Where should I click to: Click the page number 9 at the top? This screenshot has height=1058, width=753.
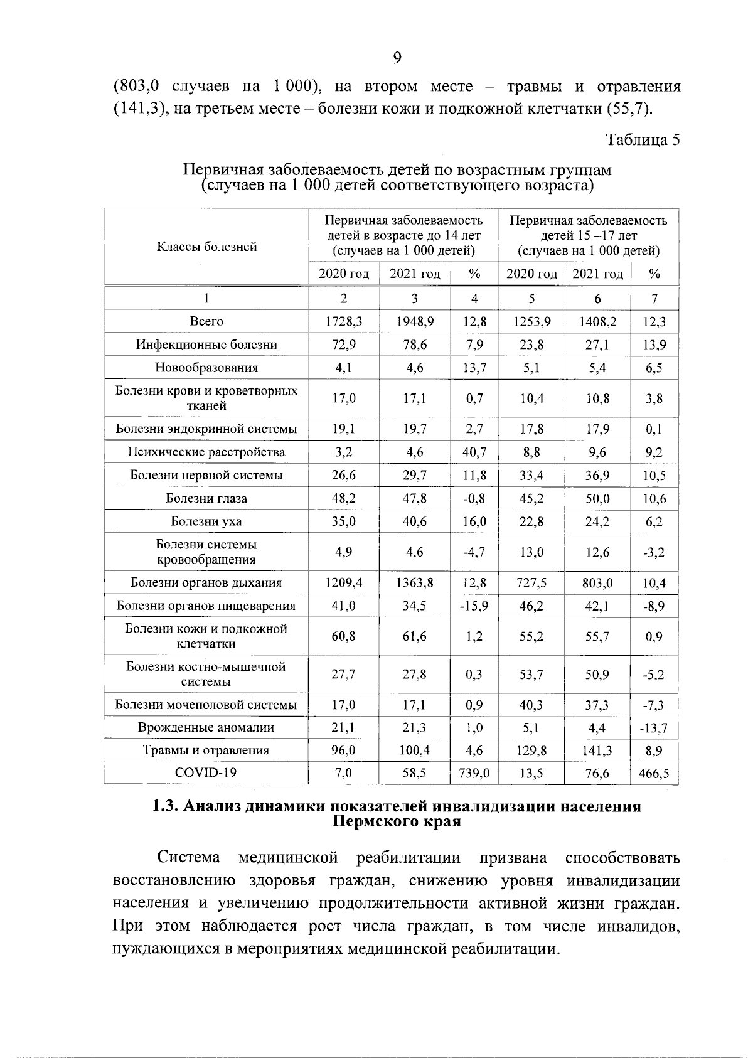397,58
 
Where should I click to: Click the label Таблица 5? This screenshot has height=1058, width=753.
643,139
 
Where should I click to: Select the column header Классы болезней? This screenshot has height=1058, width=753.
206,247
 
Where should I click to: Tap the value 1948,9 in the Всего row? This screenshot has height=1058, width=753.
415,322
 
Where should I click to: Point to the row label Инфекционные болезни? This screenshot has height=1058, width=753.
206,345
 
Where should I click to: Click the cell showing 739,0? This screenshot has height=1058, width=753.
474,774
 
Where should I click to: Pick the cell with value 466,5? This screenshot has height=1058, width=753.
654,774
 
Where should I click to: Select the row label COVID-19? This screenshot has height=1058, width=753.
206,773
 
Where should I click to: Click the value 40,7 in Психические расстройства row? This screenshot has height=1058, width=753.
474,452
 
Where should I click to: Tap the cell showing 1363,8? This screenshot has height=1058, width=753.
415,583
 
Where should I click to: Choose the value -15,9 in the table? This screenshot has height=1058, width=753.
474,606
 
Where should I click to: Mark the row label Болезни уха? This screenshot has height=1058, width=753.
206,521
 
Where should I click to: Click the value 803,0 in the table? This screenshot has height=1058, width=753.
597,583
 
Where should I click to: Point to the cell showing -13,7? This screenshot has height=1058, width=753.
654,728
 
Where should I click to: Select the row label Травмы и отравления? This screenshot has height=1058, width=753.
206,751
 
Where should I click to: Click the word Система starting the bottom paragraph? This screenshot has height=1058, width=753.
189,858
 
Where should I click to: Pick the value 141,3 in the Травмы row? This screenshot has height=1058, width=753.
597,751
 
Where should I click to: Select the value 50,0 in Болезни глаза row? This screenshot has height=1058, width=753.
597,499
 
